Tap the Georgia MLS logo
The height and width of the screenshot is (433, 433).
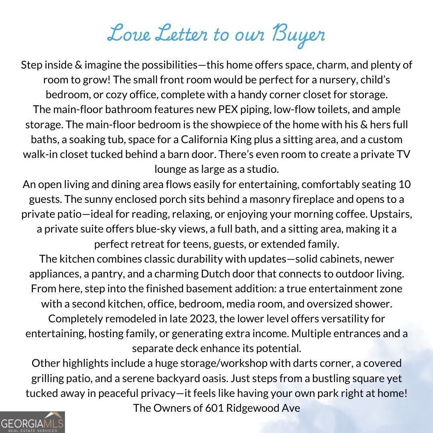32,422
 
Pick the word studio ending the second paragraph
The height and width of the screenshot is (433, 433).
263,169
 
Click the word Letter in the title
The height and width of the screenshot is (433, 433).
181,34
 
